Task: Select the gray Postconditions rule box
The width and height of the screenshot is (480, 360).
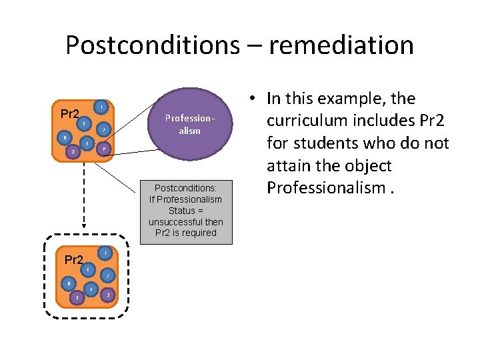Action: (187, 211)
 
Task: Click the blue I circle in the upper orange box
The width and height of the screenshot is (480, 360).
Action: (99, 107)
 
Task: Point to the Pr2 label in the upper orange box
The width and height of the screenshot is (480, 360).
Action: (69, 114)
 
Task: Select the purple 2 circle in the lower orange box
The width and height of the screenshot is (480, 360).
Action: (107, 294)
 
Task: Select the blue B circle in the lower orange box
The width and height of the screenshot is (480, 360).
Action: (67, 284)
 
